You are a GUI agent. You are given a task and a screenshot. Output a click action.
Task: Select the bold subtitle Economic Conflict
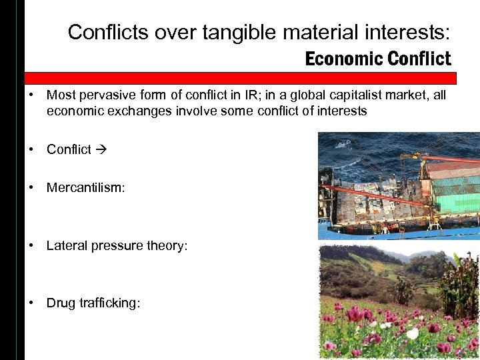378,59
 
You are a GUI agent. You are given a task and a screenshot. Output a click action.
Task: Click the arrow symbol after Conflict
101,149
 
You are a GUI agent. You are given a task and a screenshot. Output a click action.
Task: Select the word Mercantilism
85,188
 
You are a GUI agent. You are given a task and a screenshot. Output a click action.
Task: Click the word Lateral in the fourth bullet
65,245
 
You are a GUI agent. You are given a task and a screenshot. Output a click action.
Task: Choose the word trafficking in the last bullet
107,303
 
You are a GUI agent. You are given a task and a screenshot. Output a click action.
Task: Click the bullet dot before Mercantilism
31,188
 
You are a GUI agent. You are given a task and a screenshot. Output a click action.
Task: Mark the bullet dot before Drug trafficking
31,303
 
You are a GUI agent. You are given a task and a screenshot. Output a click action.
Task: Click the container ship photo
399,185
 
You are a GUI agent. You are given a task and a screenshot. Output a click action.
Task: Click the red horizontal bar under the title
240,77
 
